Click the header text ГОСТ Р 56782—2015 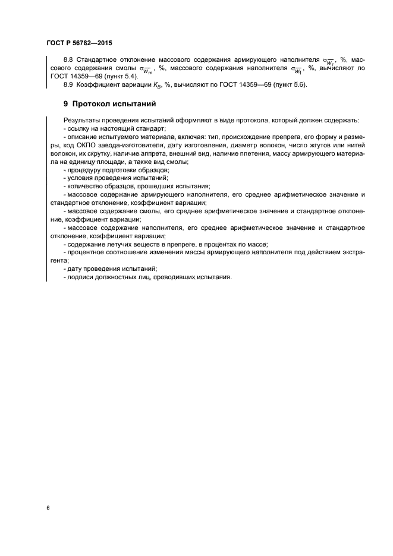[x=78, y=43]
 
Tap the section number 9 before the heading [x=66, y=103]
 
